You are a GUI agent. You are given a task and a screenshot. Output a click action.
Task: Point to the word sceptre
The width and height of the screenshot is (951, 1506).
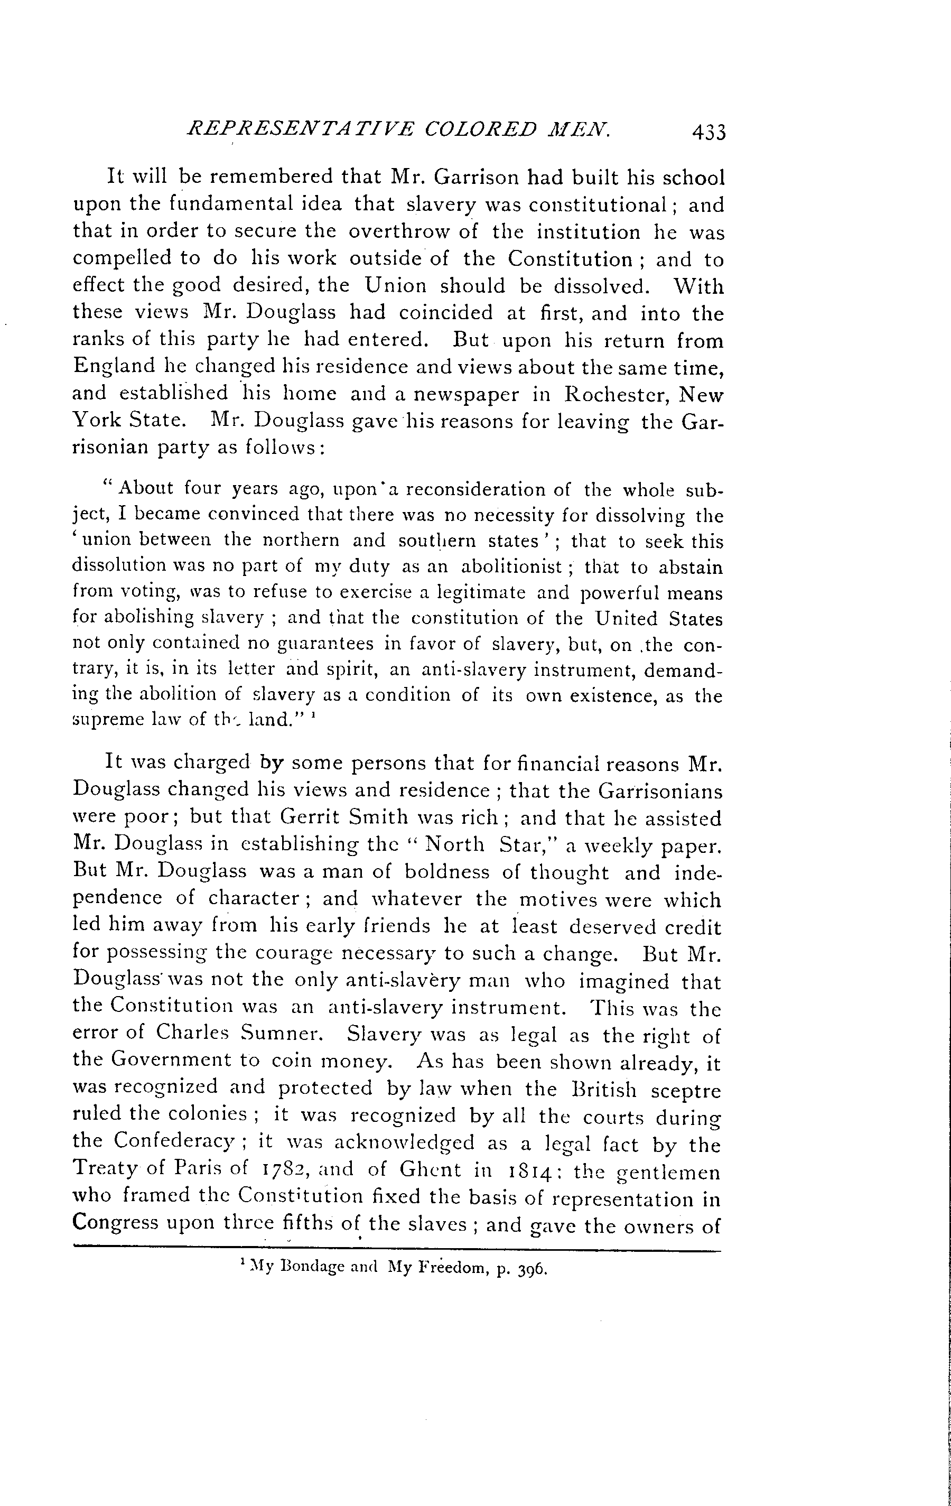tap(685, 1090)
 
